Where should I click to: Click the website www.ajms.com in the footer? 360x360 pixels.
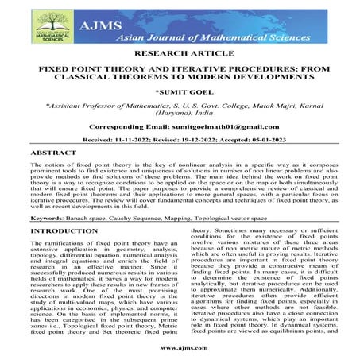(x=180, y=348)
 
